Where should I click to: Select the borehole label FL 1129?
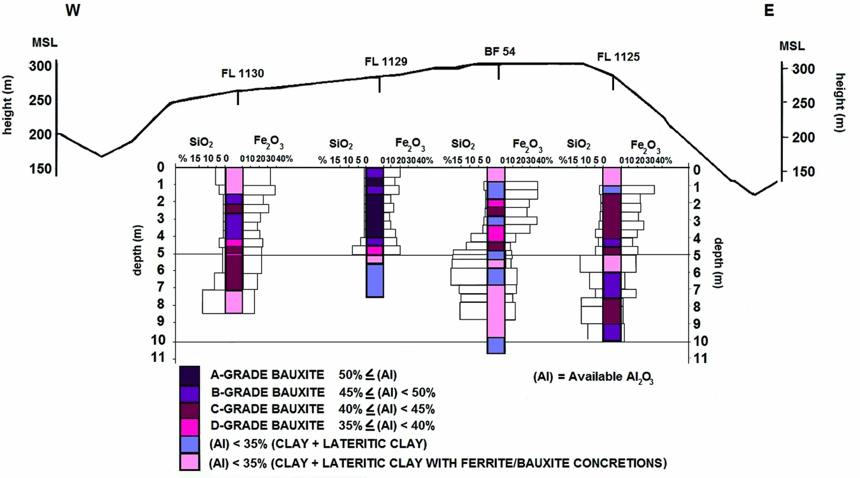click(385, 61)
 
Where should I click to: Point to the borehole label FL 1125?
click(618, 57)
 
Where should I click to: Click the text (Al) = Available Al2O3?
click(594, 377)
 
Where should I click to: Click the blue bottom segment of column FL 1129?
click(375, 280)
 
